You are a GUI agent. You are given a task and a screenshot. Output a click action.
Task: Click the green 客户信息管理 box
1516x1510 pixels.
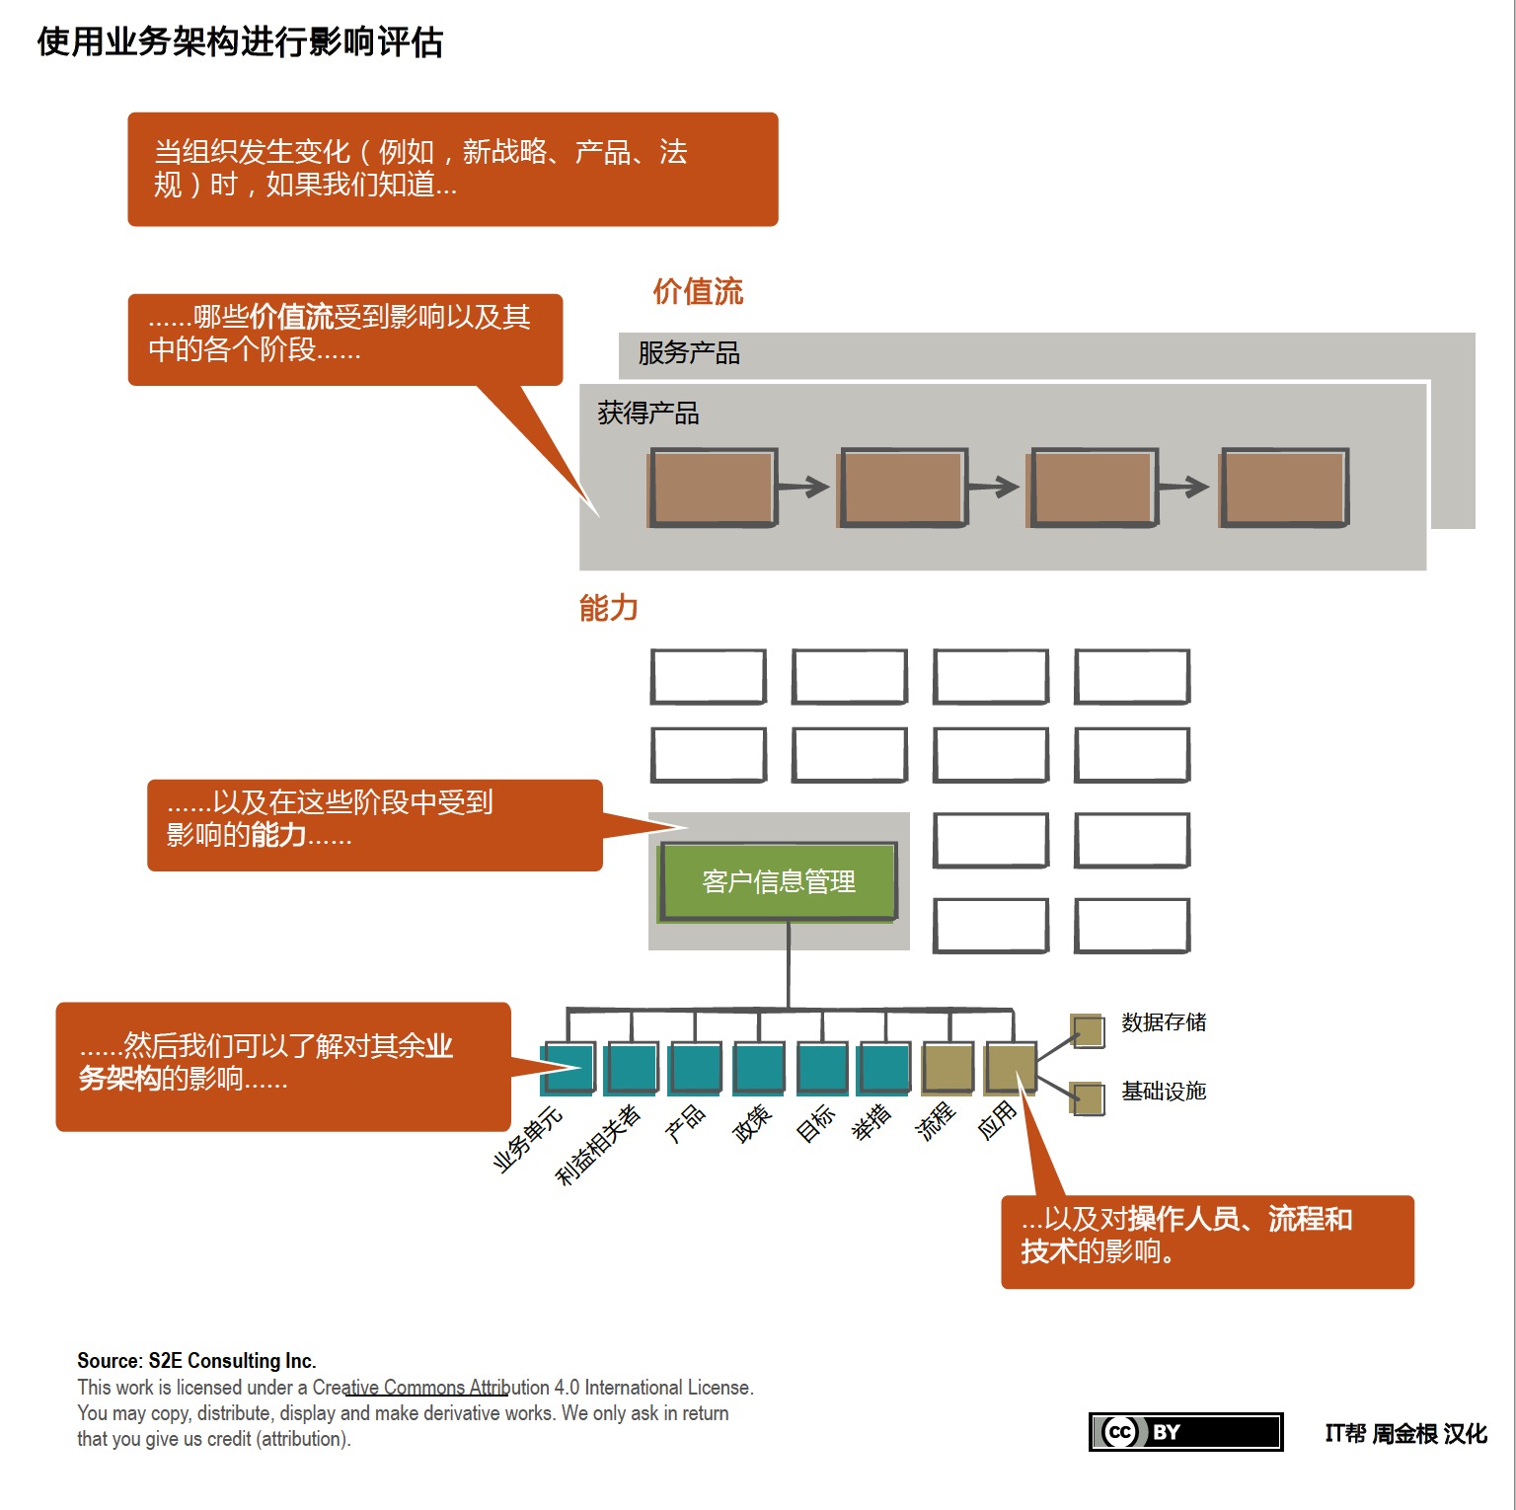(779, 881)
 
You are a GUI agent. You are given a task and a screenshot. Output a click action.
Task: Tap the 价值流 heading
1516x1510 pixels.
(698, 292)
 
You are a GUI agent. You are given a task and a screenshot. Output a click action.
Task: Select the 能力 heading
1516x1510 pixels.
(608, 608)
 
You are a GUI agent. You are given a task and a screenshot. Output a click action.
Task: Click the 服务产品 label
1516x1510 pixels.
(689, 353)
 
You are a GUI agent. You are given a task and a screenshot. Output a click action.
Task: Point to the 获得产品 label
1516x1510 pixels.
(648, 414)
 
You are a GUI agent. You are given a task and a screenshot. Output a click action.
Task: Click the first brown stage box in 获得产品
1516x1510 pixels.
(712, 488)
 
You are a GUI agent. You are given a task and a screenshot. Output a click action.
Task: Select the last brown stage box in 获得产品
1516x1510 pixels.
(1284, 488)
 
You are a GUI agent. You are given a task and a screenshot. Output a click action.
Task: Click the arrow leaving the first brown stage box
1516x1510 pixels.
(803, 487)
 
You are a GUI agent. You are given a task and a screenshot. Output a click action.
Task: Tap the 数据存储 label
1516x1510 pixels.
(1164, 1022)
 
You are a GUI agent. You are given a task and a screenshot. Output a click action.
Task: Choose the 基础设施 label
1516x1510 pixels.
(1164, 1092)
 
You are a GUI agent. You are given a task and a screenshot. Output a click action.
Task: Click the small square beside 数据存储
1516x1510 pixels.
(1088, 1031)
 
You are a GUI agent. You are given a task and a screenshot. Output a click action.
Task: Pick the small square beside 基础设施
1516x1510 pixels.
(1088, 1099)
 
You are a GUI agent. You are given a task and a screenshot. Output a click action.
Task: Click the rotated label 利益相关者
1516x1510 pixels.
(598, 1145)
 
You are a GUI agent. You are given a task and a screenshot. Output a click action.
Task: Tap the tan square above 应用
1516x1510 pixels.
(1011, 1068)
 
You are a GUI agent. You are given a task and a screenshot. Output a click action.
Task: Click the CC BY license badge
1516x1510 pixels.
(1185, 1432)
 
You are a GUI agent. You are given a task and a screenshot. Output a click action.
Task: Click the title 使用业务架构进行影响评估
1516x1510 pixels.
(240, 42)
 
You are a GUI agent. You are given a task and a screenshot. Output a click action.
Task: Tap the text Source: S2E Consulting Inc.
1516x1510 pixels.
(196, 1361)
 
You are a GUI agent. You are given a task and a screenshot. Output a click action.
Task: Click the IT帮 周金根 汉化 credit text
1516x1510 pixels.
(1405, 1434)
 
